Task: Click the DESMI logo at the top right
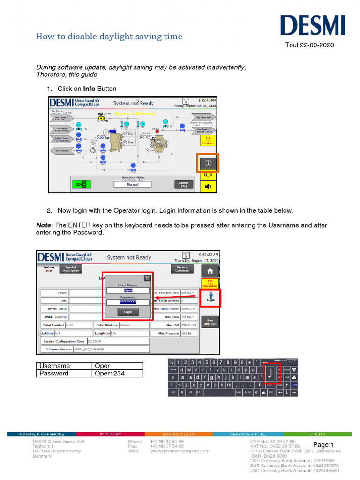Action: tap(313, 26)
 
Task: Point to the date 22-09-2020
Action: tap(316, 45)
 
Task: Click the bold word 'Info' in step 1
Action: tap(89, 89)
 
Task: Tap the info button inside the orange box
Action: tap(208, 163)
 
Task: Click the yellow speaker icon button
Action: tap(208, 186)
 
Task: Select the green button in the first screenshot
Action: tap(81, 184)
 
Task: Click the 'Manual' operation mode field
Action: tap(133, 184)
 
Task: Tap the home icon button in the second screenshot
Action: tap(210, 270)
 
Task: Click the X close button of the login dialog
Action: tap(147, 277)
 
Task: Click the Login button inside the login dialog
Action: tap(128, 312)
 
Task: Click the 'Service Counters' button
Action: tap(182, 269)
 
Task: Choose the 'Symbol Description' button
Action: tap(71, 269)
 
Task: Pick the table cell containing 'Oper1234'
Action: tap(117, 374)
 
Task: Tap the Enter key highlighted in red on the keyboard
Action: tap(271, 374)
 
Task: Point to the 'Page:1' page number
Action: tap(323, 445)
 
